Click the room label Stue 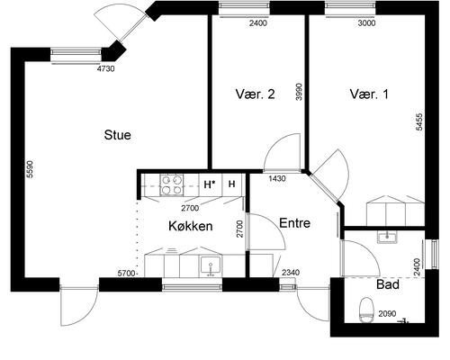point(118,136)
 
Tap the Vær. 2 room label point(255,93)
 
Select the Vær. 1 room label point(369,93)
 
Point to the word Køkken point(191,226)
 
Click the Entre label point(295,223)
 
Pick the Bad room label point(388,284)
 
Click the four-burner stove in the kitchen point(171,184)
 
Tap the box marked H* point(210,184)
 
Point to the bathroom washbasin point(387,238)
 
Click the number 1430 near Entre point(277,179)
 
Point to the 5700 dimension point(126,273)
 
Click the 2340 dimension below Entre point(291,273)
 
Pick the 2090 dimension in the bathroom point(386,313)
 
